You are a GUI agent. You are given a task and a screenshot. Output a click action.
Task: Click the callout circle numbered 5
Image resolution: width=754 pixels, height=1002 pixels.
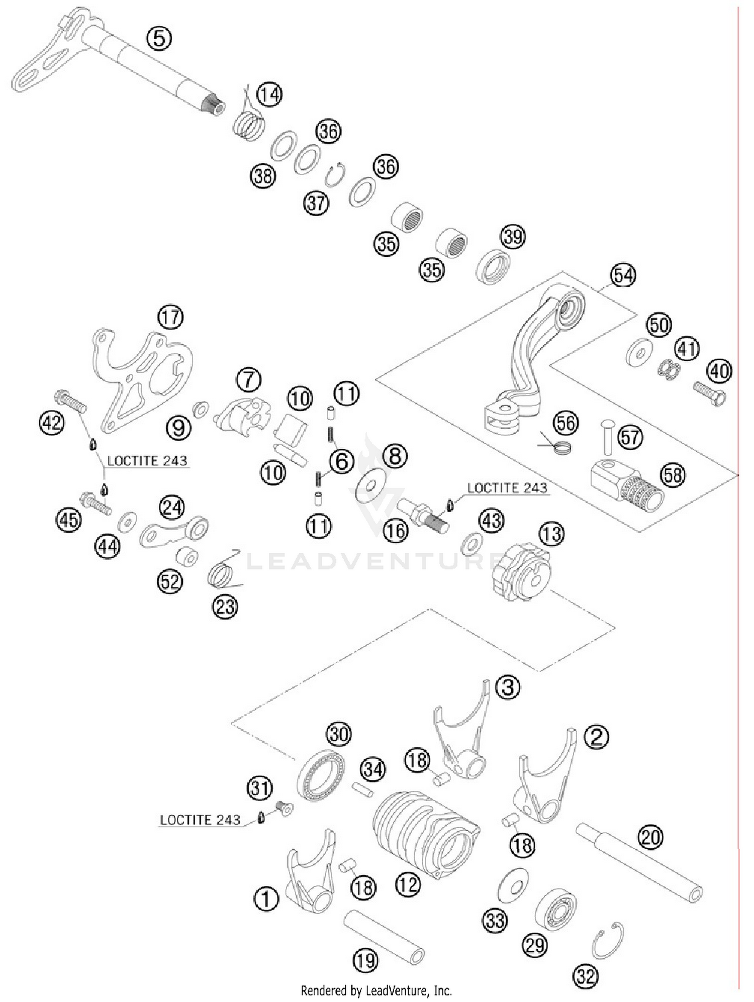[159, 38]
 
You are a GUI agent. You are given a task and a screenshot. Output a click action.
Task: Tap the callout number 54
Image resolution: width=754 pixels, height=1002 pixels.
[623, 275]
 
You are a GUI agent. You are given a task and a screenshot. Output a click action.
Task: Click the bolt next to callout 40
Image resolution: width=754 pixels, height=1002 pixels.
[709, 393]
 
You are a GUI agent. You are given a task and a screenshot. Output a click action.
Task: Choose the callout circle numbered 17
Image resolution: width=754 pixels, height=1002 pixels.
[170, 317]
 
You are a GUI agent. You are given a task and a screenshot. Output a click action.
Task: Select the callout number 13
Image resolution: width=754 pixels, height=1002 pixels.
[552, 534]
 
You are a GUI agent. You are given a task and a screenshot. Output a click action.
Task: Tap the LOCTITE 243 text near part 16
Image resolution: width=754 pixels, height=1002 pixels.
[507, 488]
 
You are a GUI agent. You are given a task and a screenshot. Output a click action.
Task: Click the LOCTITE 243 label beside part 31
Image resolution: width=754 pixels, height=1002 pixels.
[200, 820]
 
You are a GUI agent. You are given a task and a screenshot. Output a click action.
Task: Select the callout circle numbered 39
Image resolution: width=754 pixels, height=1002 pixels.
[513, 236]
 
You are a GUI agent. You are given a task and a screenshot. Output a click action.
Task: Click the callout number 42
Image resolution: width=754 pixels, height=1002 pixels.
[52, 423]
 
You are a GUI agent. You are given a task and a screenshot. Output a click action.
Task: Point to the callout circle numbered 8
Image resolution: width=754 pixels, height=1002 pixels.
[395, 456]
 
